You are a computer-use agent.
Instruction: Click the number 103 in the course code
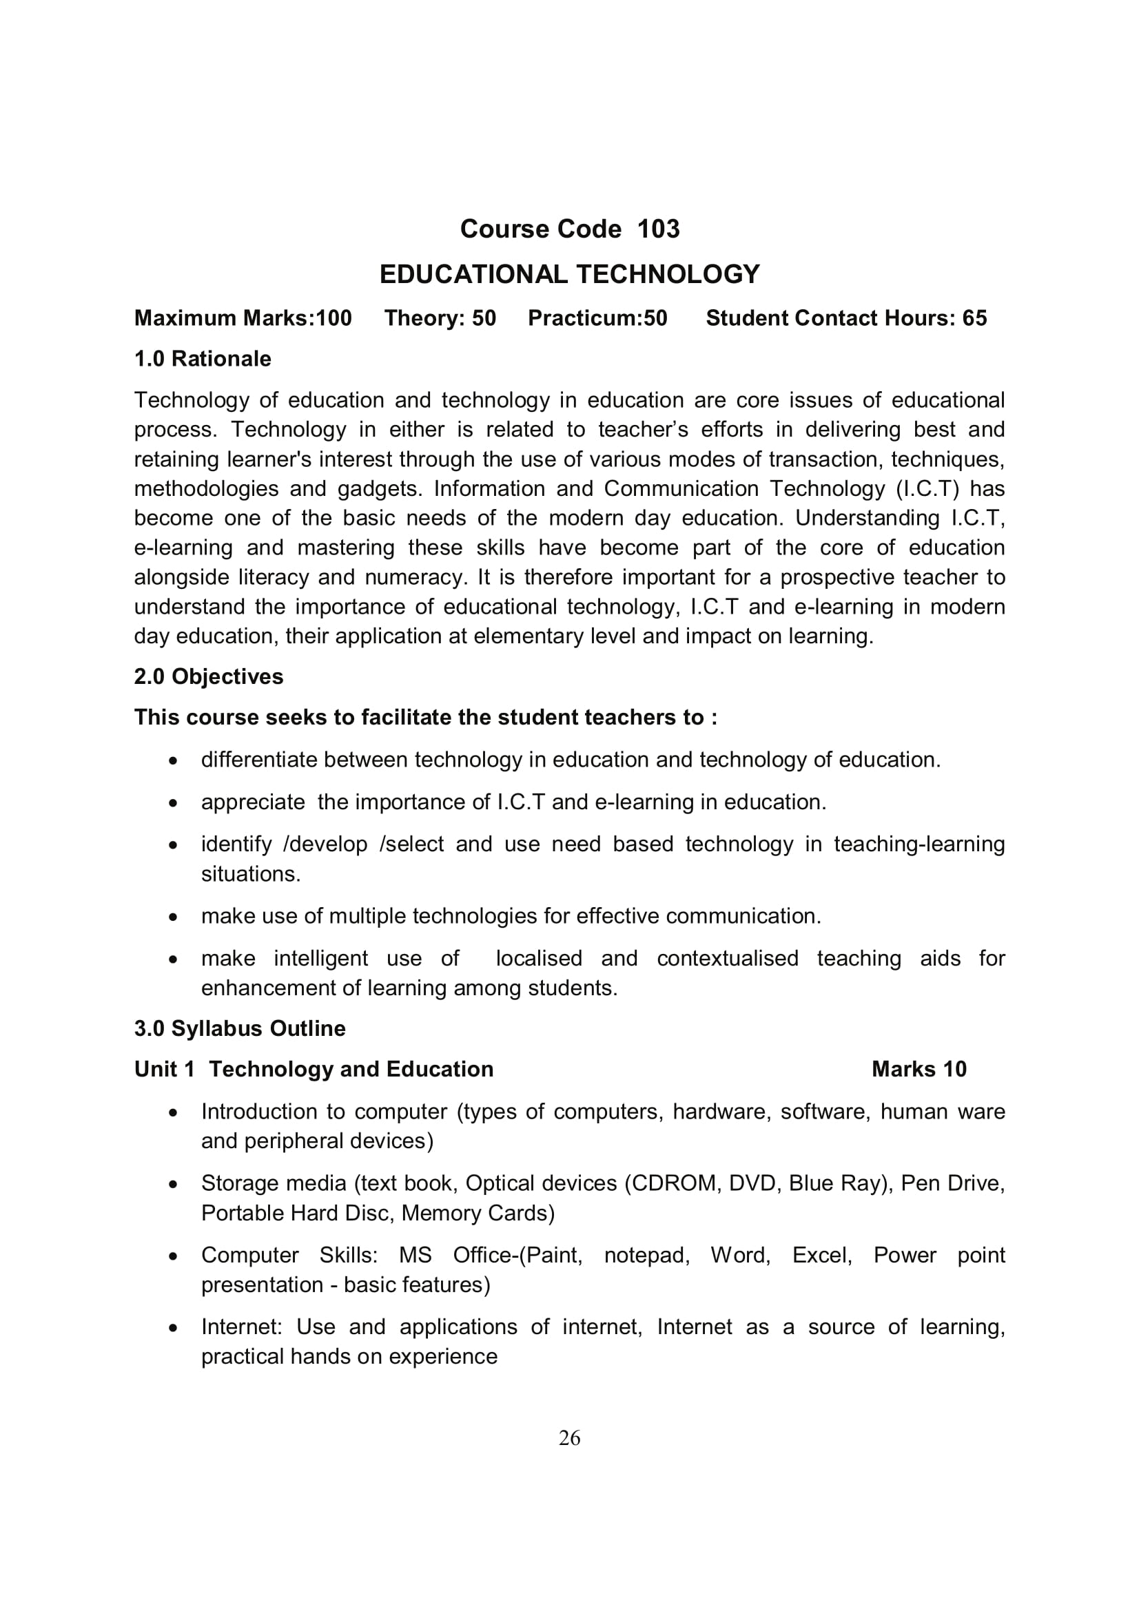[x=658, y=229]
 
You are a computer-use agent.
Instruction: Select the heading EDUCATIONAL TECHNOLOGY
[x=569, y=273]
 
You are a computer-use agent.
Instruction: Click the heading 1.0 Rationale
[x=202, y=359]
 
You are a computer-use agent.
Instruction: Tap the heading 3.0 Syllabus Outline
[x=239, y=1028]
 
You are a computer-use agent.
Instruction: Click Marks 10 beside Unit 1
[x=919, y=1070]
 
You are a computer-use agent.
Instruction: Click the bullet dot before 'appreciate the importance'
[x=174, y=802]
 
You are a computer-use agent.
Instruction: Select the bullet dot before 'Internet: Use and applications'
[x=174, y=1327]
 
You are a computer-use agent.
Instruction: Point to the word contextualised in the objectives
[x=727, y=959]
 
